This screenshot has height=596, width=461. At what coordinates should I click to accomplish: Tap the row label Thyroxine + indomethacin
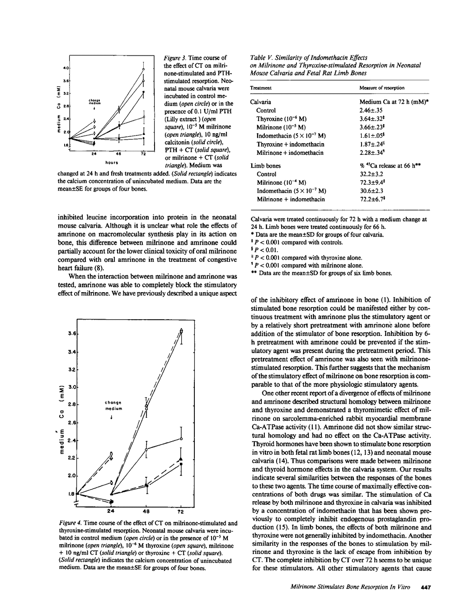click(x=290, y=144)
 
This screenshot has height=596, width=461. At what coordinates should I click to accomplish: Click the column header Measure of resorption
click(x=382, y=88)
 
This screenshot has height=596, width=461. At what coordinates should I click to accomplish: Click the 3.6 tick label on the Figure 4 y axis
click(x=71, y=334)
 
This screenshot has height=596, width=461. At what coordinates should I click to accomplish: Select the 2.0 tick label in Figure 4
click(x=71, y=476)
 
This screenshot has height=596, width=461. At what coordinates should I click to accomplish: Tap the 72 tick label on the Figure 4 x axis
click(x=180, y=512)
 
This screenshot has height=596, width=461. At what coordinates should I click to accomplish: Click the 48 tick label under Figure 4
click(x=146, y=512)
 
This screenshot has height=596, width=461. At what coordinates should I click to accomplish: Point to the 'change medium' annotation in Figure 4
click(x=114, y=405)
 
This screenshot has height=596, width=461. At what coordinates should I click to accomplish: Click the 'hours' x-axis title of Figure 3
click(x=111, y=161)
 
